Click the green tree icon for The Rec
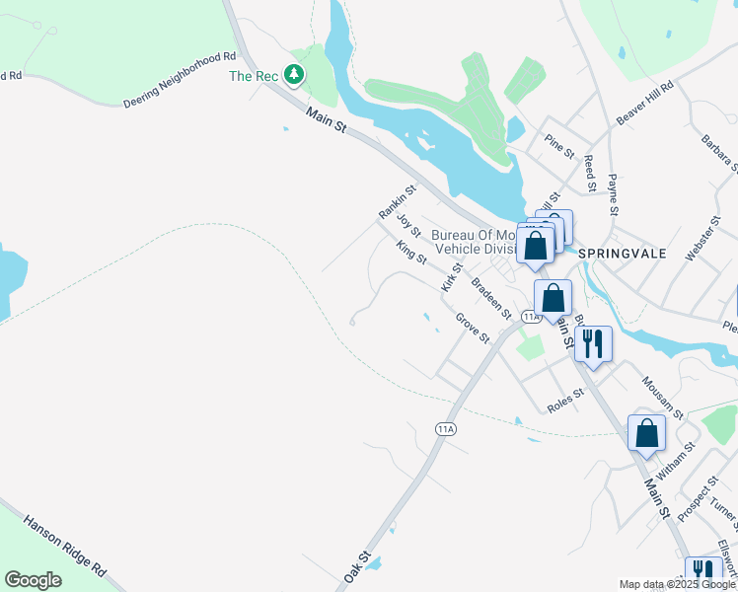click(293, 74)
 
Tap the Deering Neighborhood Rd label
click(181, 81)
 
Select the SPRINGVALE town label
click(622, 254)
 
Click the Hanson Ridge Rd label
click(64, 545)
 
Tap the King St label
click(410, 253)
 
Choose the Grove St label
click(472, 328)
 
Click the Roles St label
click(565, 402)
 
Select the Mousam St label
click(661, 397)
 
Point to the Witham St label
click(677, 460)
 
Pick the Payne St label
click(613, 194)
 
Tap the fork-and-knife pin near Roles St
click(593, 344)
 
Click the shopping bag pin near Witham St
click(646, 433)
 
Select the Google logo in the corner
click(33, 580)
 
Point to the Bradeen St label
click(490, 299)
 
